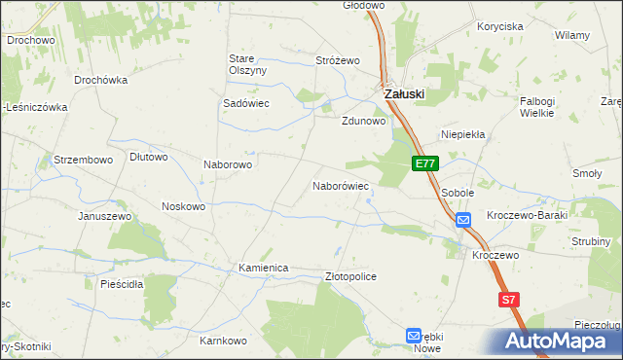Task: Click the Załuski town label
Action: click(x=404, y=93)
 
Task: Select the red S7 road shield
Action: click(x=508, y=301)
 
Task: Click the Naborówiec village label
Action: click(x=340, y=185)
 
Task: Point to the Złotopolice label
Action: click(x=349, y=277)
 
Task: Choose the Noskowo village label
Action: click(x=183, y=206)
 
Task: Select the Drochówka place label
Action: click(x=101, y=80)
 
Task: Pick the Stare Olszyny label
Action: click(x=247, y=64)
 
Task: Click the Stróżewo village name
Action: click(x=338, y=60)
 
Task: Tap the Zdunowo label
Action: click(x=364, y=122)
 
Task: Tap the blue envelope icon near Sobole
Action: click(x=463, y=221)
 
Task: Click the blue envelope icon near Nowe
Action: click(x=414, y=335)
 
